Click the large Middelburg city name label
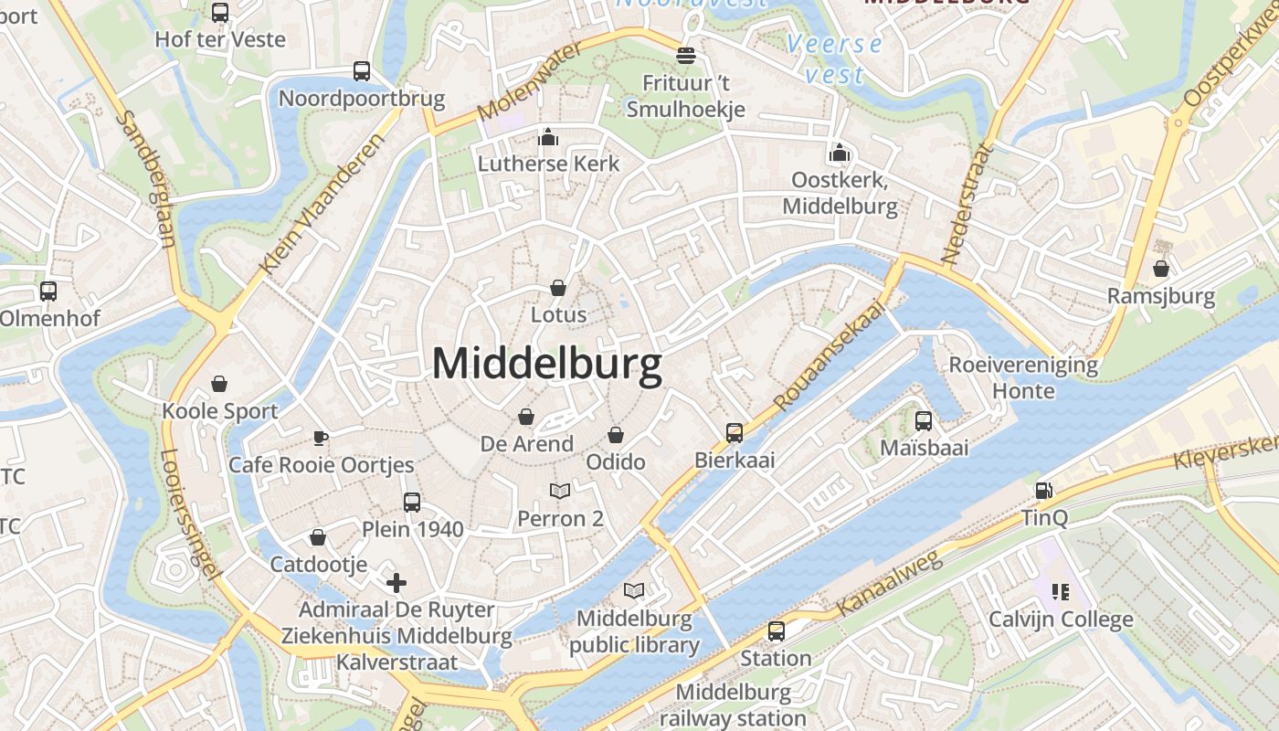[x=546, y=364]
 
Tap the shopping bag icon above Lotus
[x=558, y=288]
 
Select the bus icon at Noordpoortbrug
[x=362, y=71]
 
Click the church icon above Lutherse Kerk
[x=548, y=137]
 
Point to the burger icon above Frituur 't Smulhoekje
[x=685, y=56]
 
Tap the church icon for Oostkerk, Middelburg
[x=840, y=153]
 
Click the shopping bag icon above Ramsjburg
[x=1160, y=269]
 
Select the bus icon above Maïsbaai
[x=924, y=421]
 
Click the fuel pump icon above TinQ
[x=1044, y=491]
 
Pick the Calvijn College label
[x=1061, y=620]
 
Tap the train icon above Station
[x=776, y=630]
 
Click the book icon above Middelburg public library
[x=634, y=591]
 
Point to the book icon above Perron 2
[x=560, y=491]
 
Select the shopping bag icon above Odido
[x=616, y=434]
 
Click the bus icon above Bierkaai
[x=735, y=432]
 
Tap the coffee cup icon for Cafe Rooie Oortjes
[x=321, y=438]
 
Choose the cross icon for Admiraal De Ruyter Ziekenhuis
[x=396, y=582]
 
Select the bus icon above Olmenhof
[x=48, y=291]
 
